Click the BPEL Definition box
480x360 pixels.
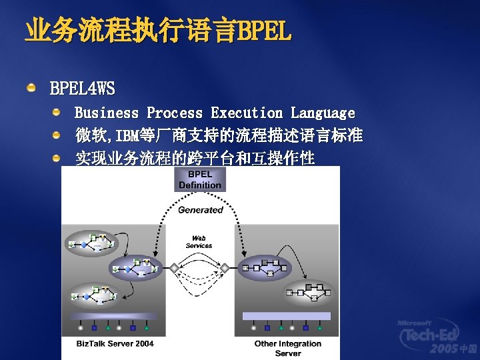200,179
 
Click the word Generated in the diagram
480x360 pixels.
200,210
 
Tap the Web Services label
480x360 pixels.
199,241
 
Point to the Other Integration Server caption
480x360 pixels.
288,348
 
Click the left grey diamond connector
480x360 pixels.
175,268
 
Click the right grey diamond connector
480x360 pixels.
225,268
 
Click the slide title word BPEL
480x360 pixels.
264,31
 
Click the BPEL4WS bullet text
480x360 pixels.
82,88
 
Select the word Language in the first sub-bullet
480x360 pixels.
323,113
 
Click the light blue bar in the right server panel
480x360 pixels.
287,315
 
